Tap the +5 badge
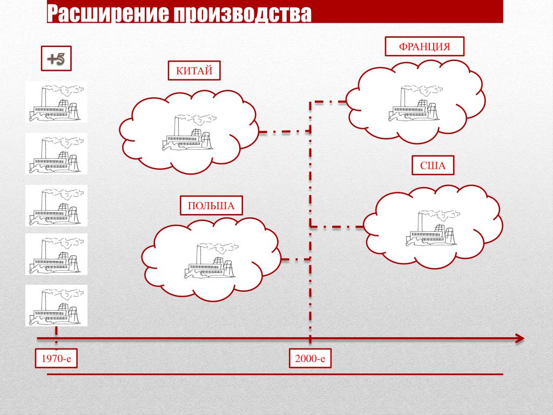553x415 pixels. (x=56, y=59)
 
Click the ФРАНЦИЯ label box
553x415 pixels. (x=424, y=46)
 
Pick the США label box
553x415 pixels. (x=433, y=166)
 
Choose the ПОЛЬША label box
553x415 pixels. (x=211, y=206)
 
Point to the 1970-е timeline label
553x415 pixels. (x=56, y=358)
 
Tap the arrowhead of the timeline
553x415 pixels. (x=519, y=338)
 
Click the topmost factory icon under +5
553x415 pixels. (x=56, y=102)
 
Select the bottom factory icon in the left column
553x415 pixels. (x=56, y=305)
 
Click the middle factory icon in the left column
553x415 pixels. (x=56, y=205)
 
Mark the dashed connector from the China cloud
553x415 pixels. (x=284, y=131)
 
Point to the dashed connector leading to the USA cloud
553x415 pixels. (x=337, y=226)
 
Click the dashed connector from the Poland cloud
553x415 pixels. (x=296, y=259)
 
